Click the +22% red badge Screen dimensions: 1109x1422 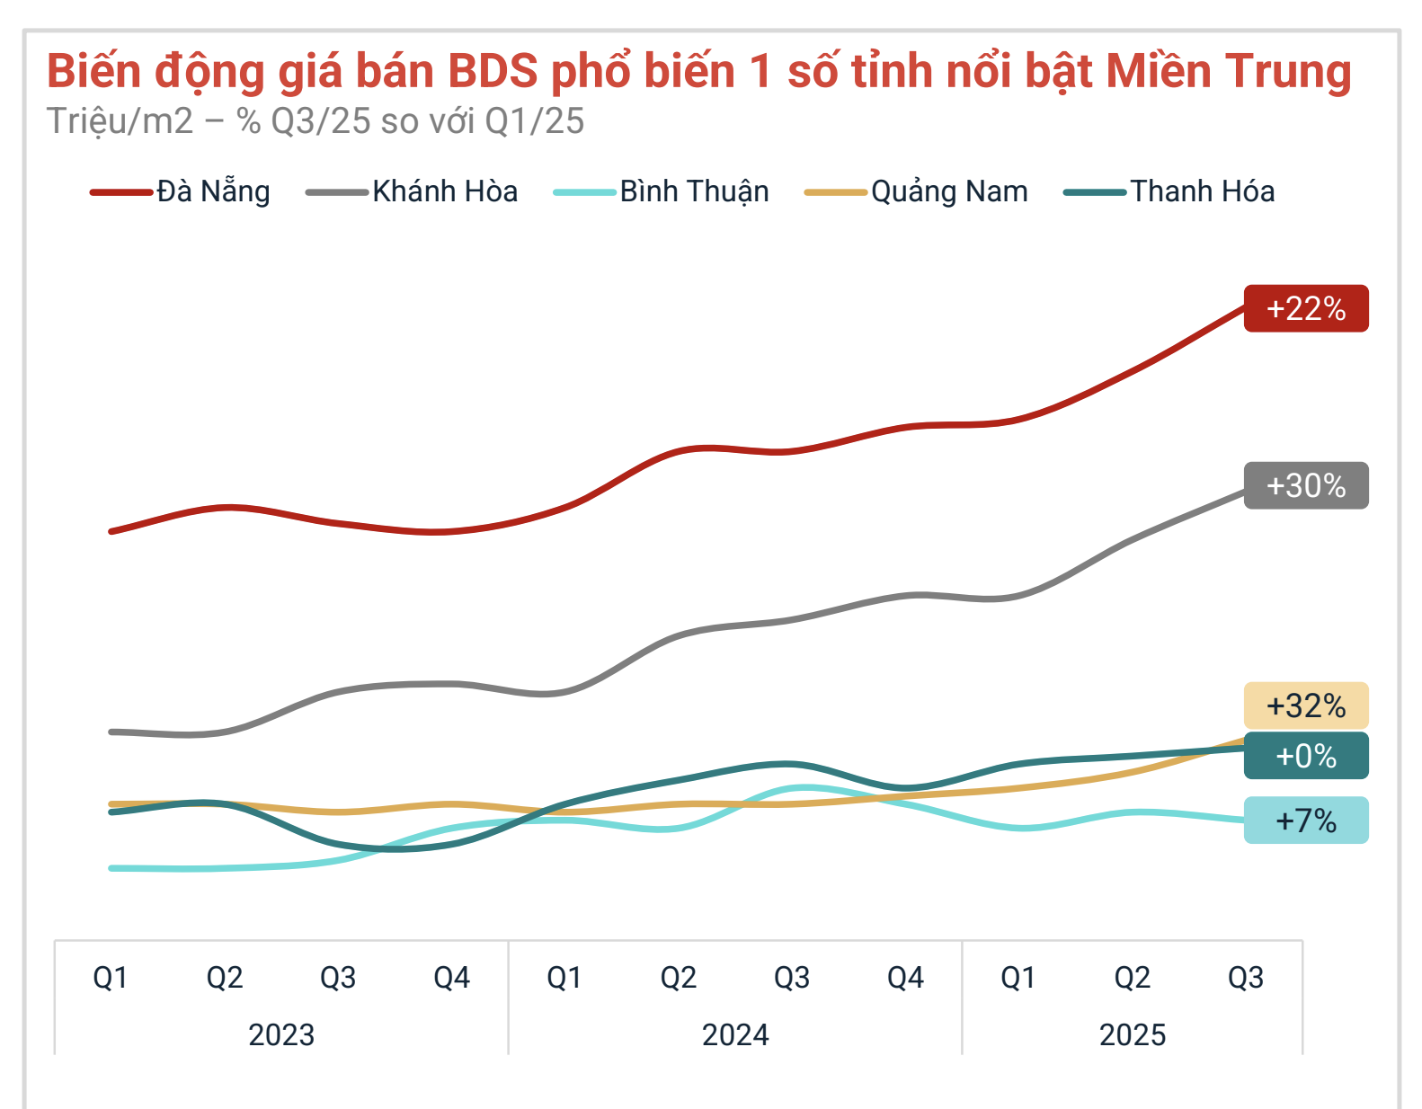(1305, 308)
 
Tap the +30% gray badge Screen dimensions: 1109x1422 (1305, 485)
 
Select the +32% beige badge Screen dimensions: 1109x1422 (1305, 705)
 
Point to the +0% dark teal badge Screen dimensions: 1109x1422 (1305, 756)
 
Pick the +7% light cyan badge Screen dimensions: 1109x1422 (1305, 821)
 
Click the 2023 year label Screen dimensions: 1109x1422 (281, 1034)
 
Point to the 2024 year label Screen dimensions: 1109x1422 (735, 1034)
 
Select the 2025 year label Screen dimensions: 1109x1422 (1132, 1034)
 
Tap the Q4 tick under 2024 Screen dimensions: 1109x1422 (905, 977)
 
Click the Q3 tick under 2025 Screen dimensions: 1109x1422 (1245, 977)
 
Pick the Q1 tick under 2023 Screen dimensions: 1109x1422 (111, 977)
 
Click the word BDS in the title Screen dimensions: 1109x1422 (492, 71)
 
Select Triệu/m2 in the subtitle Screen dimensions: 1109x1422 (120, 121)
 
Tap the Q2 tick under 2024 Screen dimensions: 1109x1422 (678, 977)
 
